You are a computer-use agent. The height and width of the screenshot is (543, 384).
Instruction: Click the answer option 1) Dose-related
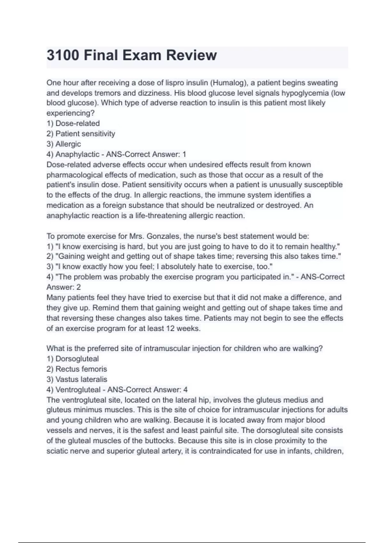73,123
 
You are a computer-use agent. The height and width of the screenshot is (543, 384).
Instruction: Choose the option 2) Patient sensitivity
81,134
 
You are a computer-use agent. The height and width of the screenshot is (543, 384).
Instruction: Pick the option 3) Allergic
64,144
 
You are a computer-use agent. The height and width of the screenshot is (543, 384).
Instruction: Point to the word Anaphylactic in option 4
77,154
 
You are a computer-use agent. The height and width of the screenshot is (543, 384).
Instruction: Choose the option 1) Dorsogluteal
73,359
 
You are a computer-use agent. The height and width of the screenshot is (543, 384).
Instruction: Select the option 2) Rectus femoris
77,369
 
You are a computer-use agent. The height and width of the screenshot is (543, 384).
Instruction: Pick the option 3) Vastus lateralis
77,379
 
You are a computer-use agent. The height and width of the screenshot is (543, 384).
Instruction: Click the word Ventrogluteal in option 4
78,390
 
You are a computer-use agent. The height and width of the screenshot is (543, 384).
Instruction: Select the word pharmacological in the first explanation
75,175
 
